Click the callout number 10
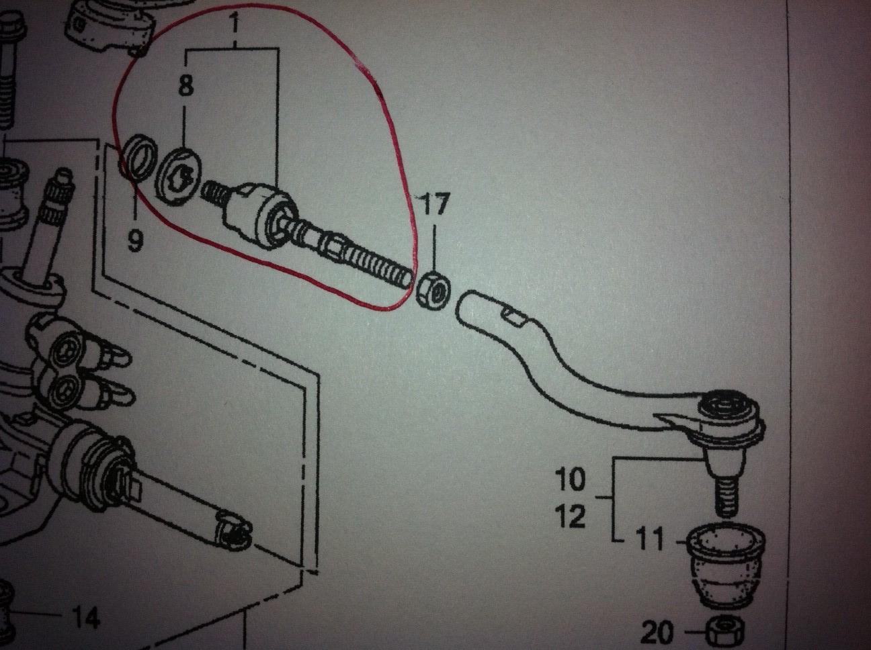[x=570, y=479]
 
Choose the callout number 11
[x=649, y=539]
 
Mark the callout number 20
[x=657, y=633]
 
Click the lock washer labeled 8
[x=179, y=177]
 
